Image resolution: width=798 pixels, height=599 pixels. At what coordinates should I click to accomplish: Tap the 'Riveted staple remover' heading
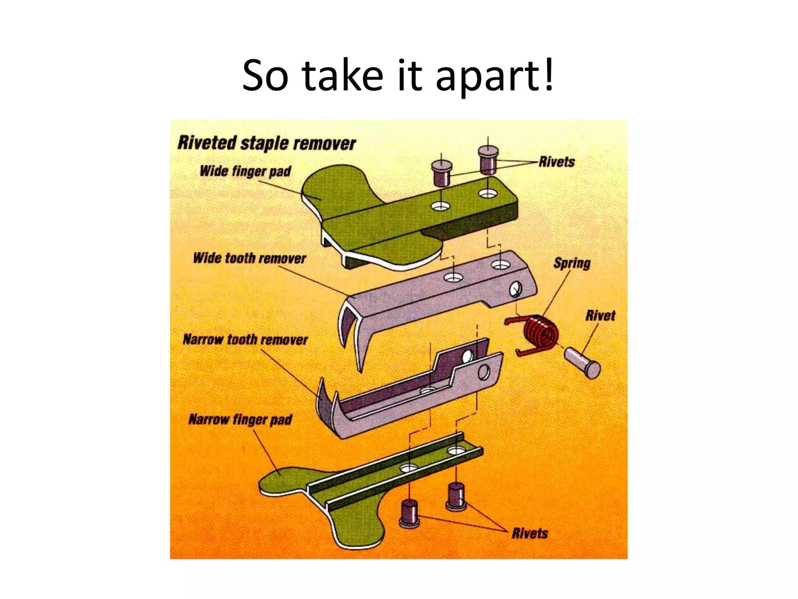pyautogui.click(x=267, y=143)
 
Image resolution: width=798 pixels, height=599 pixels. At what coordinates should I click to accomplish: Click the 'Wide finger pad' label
pyautogui.click(x=245, y=171)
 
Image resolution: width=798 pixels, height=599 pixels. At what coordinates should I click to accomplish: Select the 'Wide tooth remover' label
pyautogui.click(x=249, y=258)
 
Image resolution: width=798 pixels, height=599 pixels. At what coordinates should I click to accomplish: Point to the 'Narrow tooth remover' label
pyautogui.click(x=245, y=339)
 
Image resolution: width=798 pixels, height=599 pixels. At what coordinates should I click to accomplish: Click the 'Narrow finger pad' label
pyautogui.click(x=240, y=420)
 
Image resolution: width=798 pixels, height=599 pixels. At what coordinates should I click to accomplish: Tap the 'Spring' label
pyautogui.click(x=572, y=263)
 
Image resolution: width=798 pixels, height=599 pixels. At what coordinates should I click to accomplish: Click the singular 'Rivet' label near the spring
pyautogui.click(x=600, y=315)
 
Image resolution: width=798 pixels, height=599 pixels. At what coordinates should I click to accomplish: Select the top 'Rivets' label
pyautogui.click(x=556, y=162)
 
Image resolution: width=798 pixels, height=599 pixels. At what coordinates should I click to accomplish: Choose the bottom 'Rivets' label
pyautogui.click(x=530, y=533)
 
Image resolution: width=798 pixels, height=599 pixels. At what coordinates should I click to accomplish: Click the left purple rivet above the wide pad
pyautogui.click(x=441, y=174)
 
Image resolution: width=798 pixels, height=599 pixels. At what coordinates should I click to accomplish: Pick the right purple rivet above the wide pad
pyautogui.click(x=488, y=160)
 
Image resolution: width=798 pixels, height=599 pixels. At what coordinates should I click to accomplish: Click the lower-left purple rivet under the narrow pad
pyautogui.click(x=409, y=514)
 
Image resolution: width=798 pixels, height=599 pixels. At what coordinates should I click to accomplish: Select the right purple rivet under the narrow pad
pyautogui.click(x=456, y=497)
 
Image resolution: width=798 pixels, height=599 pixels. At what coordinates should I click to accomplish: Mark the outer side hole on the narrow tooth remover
pyautogui.click(x=484, y=372)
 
